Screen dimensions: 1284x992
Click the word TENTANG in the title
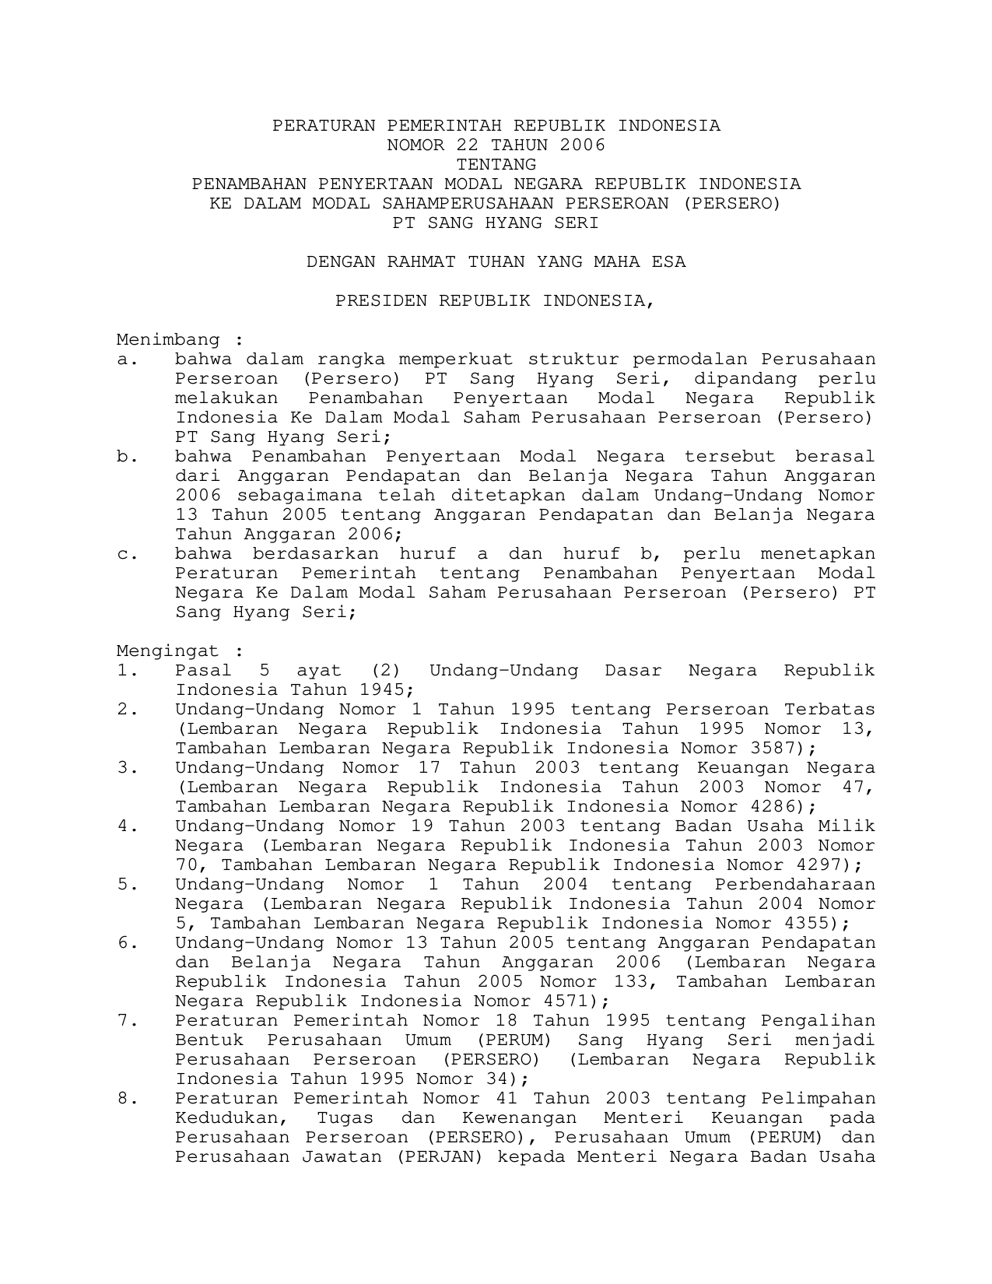pos(496,165)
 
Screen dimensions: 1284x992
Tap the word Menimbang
pos(169,340)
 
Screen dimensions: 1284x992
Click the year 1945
pos(382,690)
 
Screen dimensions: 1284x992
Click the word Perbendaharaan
pos(795,885)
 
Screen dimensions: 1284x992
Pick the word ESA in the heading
pos(669,262)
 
